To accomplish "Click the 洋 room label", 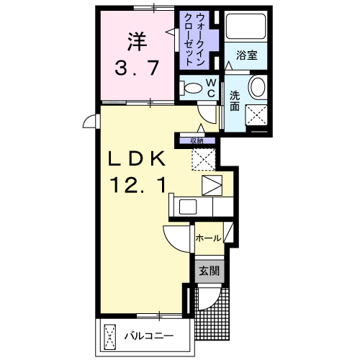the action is click(137, 42).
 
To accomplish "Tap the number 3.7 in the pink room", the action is click(137, 68).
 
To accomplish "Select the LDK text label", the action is click(137, 158).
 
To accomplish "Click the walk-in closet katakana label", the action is click(194, 40).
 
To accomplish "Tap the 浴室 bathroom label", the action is click(247, 55).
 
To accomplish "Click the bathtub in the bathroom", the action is click(246, 27).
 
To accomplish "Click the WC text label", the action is click(211, 88).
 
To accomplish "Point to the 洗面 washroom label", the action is click(235, 101).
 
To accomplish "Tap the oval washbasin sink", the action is click(258, 86).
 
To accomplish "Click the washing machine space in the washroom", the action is click(256, 115).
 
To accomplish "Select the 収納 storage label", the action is click(197, 141).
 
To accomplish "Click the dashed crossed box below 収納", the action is click(204, 160).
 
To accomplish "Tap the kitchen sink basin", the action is click(188, 207).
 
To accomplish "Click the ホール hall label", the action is click(208, 238).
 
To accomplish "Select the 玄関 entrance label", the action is click(210, 271).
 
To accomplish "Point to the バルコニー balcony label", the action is click(149, 336).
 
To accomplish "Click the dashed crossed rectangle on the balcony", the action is click(110, 337).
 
